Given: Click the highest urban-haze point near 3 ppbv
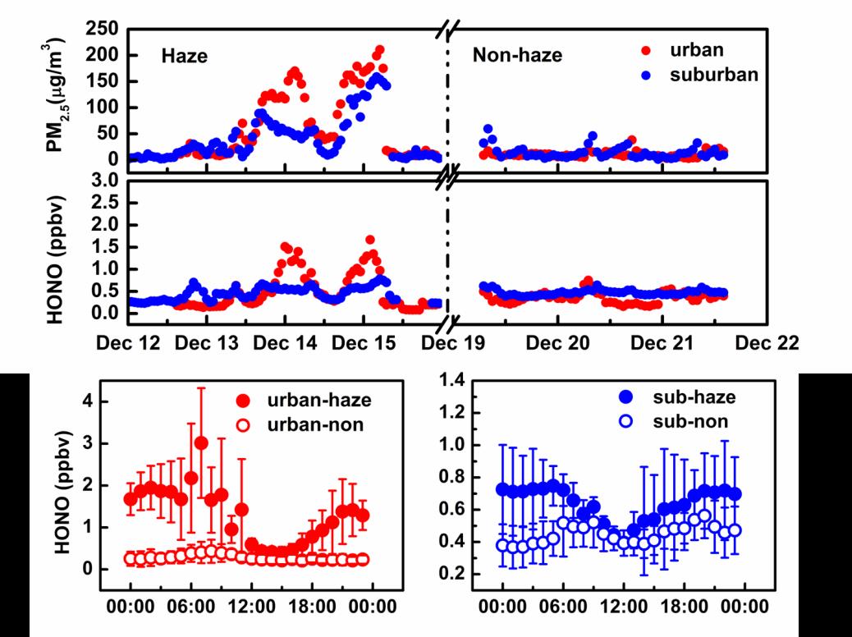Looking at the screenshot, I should pyautogui.click(x=201, y=443).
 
